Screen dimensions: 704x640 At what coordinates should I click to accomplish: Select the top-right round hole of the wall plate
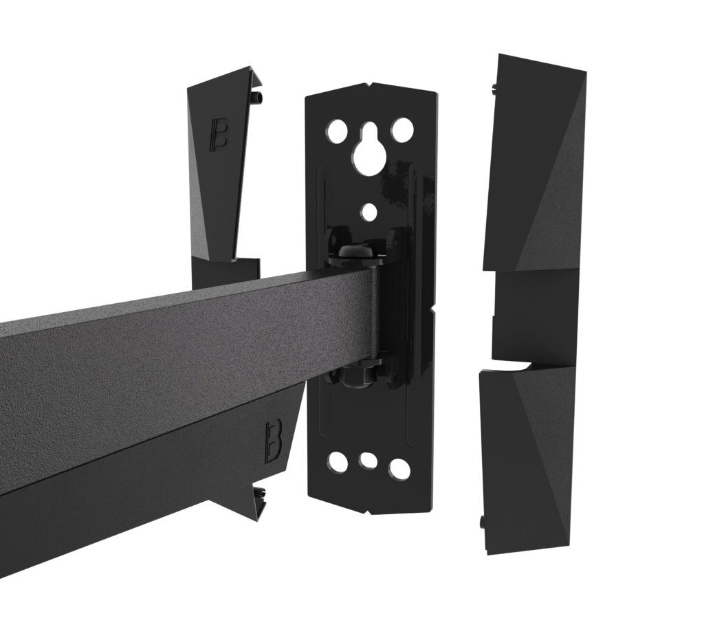click(x=401, y=130)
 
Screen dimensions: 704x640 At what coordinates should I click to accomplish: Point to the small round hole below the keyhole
click(x=370, y=212)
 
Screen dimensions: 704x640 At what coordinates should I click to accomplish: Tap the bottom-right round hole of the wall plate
click(x=399, y=467)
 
